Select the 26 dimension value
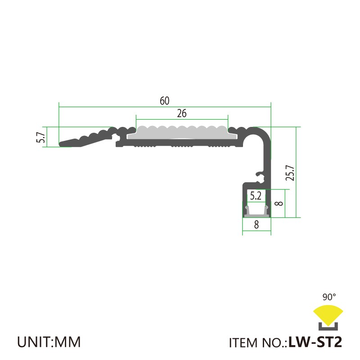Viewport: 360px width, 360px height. (182, 113)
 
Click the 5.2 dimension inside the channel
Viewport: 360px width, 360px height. (256, 196)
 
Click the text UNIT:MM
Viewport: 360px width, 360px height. (49, 342)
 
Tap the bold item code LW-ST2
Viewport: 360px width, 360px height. (315, 342)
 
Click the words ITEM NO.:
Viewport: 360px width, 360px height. (258, 342)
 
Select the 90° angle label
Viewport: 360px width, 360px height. (329, 297)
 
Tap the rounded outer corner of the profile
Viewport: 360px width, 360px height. (265, 133)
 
